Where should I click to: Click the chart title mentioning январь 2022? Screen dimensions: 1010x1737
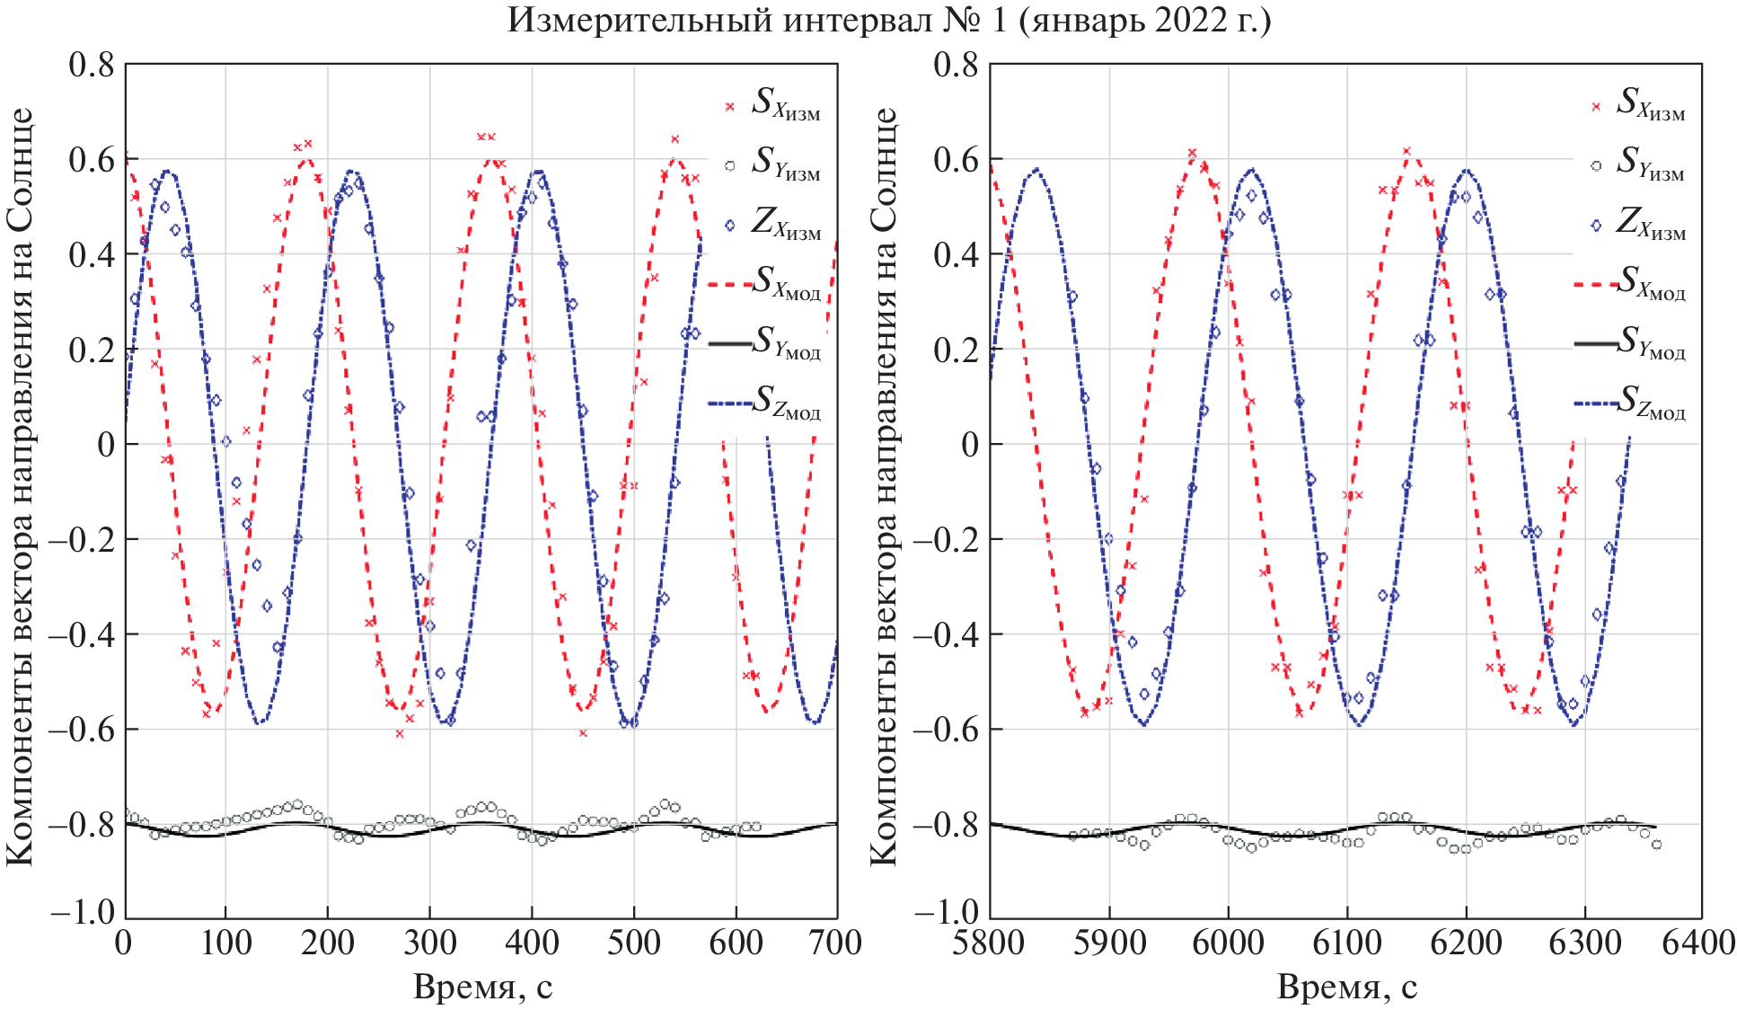click(888, 20)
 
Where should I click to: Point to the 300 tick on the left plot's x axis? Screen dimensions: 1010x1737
click(429, 943)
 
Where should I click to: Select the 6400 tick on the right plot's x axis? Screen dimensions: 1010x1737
click(1699, 943)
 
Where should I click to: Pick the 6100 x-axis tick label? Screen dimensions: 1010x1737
click(1345, 943)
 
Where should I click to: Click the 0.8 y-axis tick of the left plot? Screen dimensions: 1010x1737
click(92, 65)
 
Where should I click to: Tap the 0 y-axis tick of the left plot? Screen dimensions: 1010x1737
click(106, 444)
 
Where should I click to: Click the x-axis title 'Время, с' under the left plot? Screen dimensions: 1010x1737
click(482, 987)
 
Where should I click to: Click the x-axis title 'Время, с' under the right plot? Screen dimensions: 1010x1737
click(1346, 987)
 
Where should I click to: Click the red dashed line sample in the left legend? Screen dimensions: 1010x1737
click(730, 284)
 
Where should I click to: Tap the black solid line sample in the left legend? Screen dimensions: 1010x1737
click(730, 343)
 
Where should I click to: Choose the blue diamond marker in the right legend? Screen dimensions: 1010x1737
click(1596, 225)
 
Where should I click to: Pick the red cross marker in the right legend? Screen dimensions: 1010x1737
click(1596, 106)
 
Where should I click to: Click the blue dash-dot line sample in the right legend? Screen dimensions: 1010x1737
click(1595, 403)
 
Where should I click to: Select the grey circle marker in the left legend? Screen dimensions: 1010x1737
click(730, 165)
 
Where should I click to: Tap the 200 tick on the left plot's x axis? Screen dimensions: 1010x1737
click(327, 943)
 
